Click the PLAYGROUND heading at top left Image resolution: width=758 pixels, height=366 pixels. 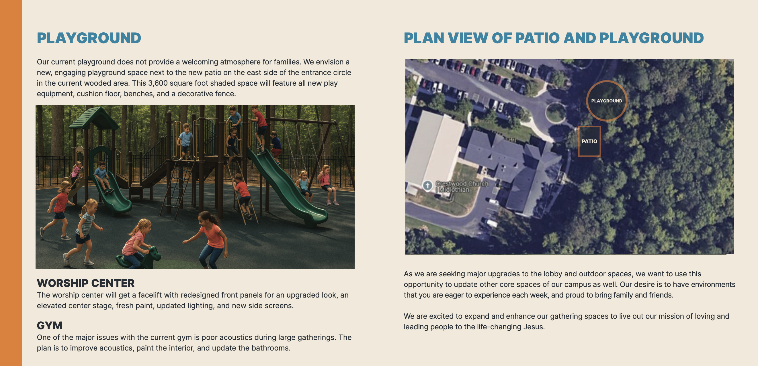pos(89,38)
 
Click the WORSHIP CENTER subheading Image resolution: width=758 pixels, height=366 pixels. pos(86,283)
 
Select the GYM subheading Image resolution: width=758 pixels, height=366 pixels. pos(50,325)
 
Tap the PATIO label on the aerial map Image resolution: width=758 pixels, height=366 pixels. pos(589,141)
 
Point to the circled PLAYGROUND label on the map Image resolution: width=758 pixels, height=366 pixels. pos(607,101)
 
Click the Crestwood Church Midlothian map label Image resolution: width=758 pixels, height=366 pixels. pos(461,187)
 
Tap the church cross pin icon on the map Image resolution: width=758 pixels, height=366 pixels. pos(427,186)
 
